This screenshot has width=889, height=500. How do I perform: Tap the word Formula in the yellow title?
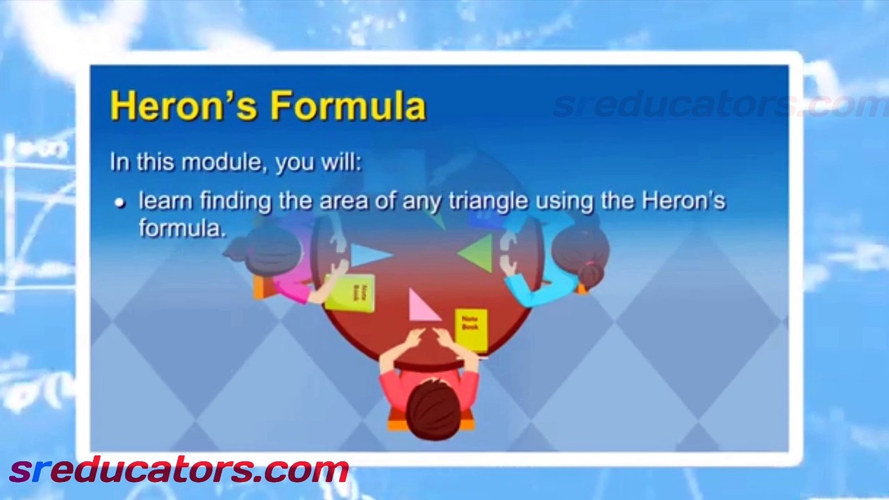click(347, 107)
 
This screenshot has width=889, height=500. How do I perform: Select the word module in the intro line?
click(215, 162)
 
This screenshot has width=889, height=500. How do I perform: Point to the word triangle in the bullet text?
click(488, 201)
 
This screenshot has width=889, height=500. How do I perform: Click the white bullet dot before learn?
click(120, 203)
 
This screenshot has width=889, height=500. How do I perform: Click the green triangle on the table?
click(479, 253)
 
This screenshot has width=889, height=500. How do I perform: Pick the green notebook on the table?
click(351, 292)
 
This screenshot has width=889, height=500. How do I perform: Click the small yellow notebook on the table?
click(471, 328)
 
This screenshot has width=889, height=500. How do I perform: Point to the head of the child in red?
click(432, 409)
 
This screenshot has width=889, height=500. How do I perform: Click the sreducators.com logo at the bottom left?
click(178, 471)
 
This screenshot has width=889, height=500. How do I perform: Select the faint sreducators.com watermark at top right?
click(715, 106)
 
